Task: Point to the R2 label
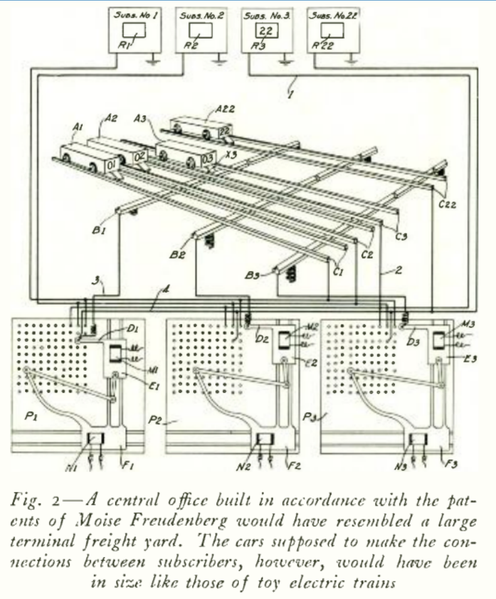(x=191, y=45)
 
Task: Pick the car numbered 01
(x=112, y=164)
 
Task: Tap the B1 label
(x=98, y=231)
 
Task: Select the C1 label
(x=339, y=270)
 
